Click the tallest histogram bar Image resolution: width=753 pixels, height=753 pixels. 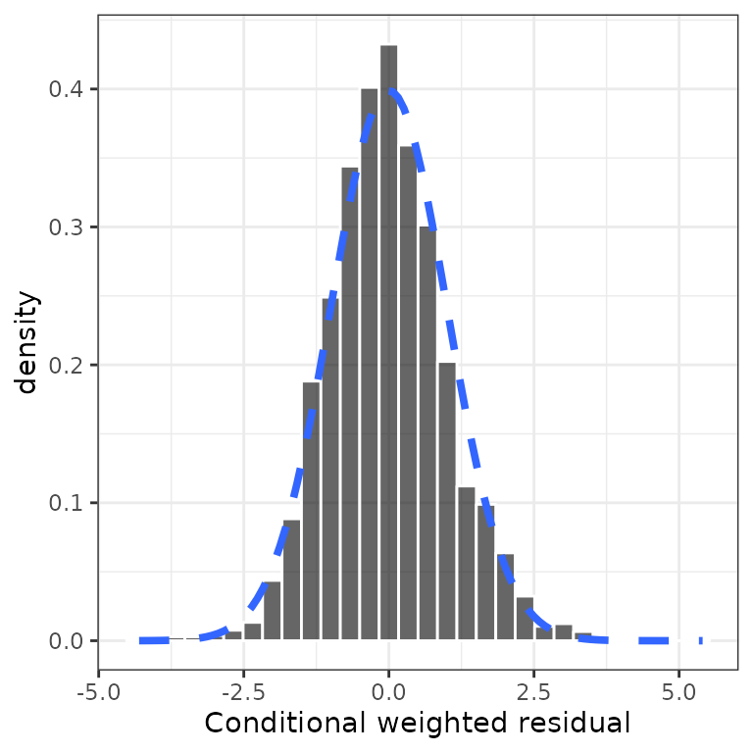[389, 343]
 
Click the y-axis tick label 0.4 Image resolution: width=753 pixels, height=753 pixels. [68, 89]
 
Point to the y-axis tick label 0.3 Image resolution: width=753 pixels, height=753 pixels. [68, 227]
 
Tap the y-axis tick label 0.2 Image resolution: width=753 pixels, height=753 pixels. [68, 366]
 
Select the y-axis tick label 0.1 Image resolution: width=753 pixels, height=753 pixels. [68, 503]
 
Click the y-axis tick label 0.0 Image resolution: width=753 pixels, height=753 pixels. [68, 641]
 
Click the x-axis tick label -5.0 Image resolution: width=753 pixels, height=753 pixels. [98, 690]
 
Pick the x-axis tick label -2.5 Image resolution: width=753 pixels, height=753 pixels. [243, 690]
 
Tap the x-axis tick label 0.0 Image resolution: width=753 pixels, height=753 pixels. [389, 690]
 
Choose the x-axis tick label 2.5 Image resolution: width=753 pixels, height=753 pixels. [534, 690]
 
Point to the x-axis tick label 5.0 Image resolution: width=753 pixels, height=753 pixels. [679, 690]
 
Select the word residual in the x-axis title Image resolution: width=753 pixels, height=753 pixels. [578, 725]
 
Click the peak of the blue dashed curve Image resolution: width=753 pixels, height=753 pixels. [389, 90]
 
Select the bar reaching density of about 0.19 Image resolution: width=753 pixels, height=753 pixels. [312, 511]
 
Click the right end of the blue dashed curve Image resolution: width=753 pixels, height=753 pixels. [701, 640]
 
